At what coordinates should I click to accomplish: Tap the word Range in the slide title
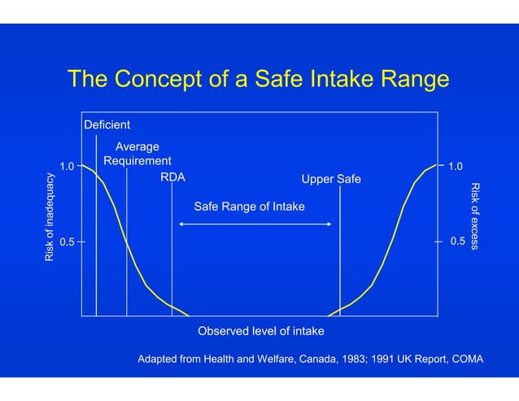point(409,80)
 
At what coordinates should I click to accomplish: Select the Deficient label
point(107,125)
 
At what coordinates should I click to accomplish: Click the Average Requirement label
point(137,154)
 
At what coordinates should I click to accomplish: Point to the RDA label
point(172,177)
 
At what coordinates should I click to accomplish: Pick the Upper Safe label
point(331,179)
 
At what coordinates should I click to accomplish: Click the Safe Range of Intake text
point(250,207)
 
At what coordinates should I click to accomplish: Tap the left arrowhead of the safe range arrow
point(181,223)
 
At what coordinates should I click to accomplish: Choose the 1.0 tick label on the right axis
point(456,167)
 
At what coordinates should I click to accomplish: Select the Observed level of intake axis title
point(261,331)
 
